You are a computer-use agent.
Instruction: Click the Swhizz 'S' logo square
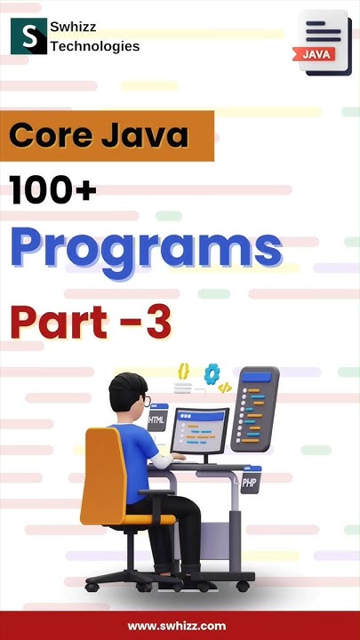29,35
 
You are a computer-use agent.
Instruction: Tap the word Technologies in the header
95,46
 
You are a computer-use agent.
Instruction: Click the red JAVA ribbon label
317,53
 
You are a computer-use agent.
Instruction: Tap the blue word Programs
146,248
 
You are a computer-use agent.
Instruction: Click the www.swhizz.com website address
176,626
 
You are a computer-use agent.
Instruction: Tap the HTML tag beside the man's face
157,420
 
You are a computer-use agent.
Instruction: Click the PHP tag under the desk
248,485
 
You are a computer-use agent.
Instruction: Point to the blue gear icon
212,373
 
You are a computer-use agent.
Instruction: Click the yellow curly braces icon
183,369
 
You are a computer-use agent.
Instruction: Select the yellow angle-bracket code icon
225,388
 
